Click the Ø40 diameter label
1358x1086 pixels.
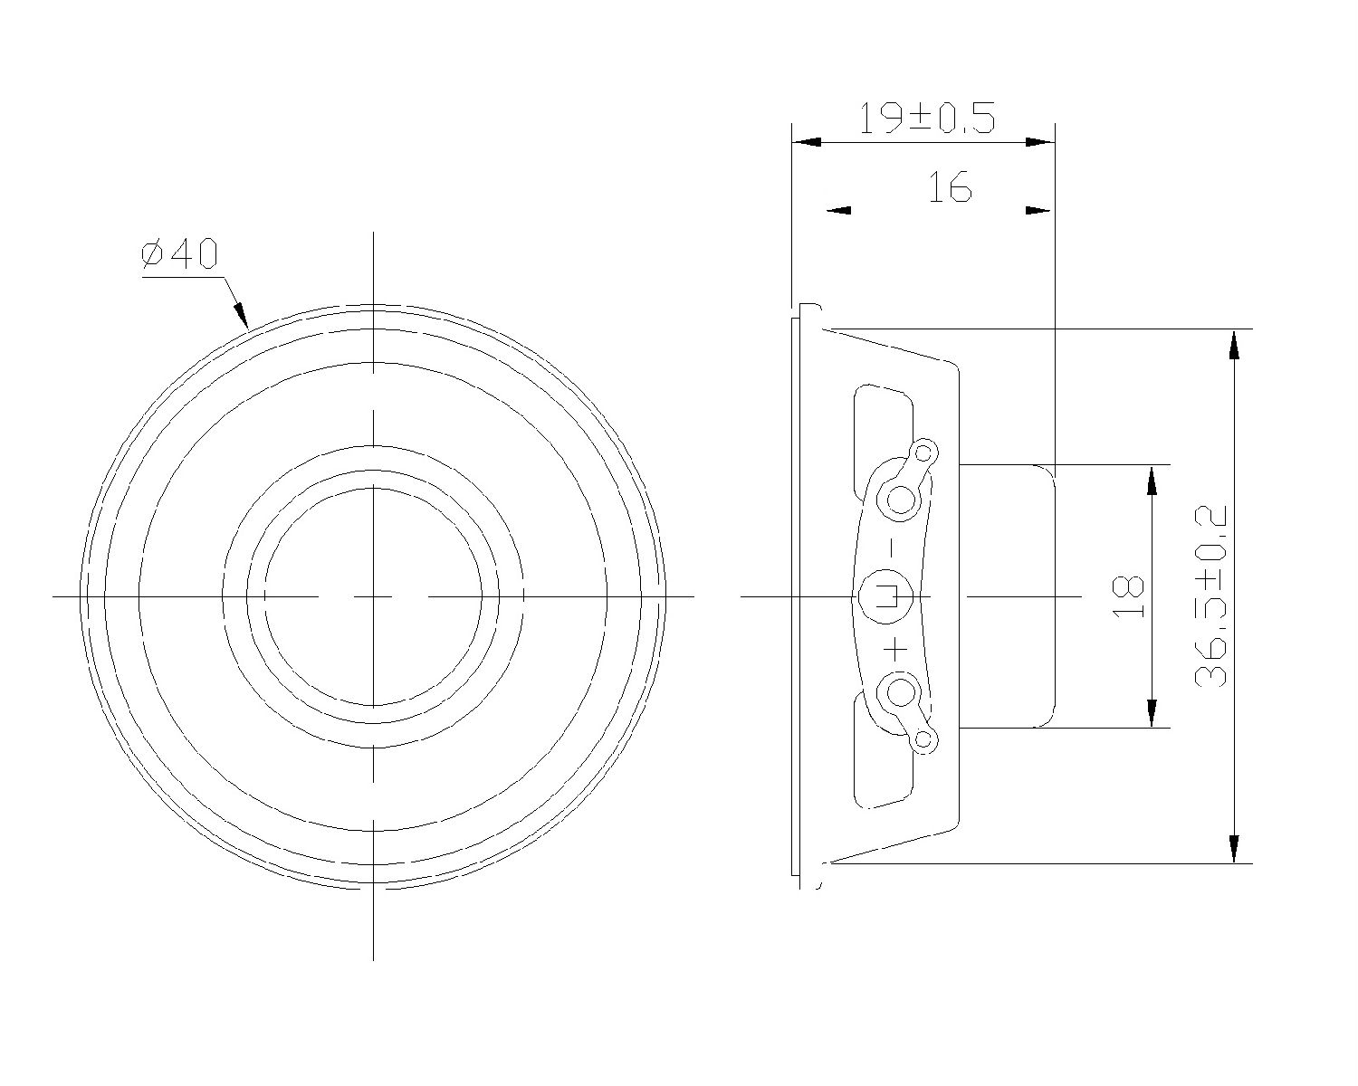click(x=180, y=255)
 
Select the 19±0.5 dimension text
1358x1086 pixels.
click(x=926, y=119)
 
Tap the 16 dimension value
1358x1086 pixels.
click(x=949, y=188)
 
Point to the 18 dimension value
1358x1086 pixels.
click(x=1129, y=596)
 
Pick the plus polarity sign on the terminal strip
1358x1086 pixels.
click(x=896, y=649)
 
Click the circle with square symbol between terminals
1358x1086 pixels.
click(x=885, y=596)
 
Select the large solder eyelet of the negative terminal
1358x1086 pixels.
click(x=902, y=498)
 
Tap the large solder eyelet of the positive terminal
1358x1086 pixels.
click(x=901, y=694)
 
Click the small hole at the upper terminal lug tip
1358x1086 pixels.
click(x=924, y=452)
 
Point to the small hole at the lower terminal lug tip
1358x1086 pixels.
click(x=923, y=739)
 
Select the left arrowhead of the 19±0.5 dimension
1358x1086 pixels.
click(x=807, y=142)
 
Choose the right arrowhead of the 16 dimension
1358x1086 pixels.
click(x=1038, y=211)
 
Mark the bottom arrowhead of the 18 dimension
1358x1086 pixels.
click(x=1152, y=713)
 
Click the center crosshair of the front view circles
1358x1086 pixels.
click(x=374, y=596)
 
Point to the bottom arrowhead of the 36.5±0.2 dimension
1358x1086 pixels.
click(x=1232, y=849)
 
